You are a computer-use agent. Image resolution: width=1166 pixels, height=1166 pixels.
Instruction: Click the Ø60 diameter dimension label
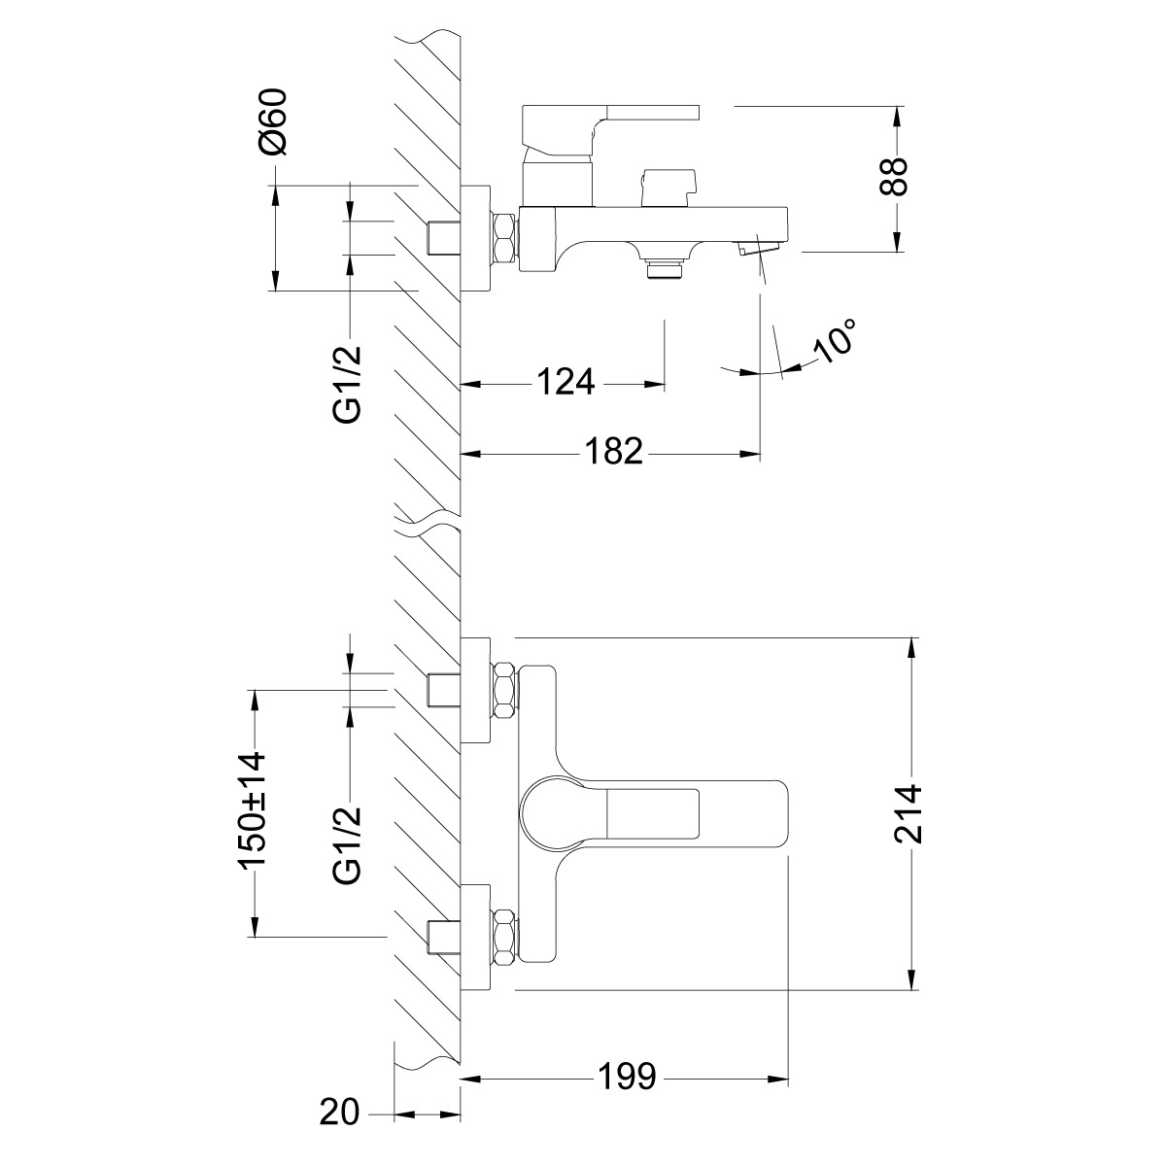[x=272, y=121]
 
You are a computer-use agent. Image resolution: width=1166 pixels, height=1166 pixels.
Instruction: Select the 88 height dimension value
[x=894, y=177]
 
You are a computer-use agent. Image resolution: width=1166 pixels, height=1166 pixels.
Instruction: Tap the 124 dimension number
[x=566, y=382]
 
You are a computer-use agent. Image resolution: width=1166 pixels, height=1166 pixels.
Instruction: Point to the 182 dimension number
[x=613, y=452]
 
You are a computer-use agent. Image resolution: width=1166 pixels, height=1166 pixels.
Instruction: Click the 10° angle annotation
[x=835, y=341]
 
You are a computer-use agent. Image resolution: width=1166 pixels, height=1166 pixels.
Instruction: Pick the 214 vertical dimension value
[x=908, y=814]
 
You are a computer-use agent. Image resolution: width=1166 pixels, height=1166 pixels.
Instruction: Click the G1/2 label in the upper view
[x=347, y=385]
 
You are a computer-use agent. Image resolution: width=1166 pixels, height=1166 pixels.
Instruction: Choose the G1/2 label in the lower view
[x=347, y=846]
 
